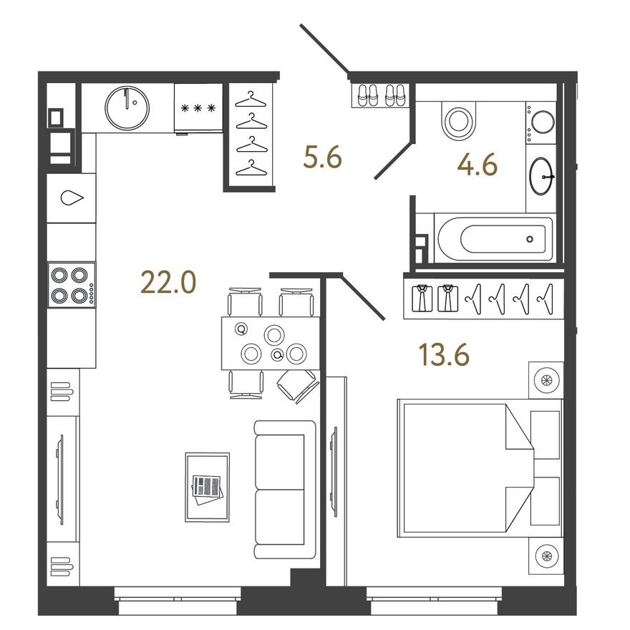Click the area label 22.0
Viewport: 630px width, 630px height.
click(x=168, y=283)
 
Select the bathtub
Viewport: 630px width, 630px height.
click(x=494, y=239)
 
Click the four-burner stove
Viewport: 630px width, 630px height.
click(x=71, y=284)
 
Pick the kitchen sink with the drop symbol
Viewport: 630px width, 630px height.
click(x=72, y=198)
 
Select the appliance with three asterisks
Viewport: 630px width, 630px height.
click(x=198, y=108)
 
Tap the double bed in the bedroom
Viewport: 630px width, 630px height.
click(x=465, y=470)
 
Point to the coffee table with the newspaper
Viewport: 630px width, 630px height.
click(x=207, y=487)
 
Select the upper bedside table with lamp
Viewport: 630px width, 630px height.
click(x=546, y=379)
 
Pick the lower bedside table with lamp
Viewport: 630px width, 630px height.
click(x=546, y=556)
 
